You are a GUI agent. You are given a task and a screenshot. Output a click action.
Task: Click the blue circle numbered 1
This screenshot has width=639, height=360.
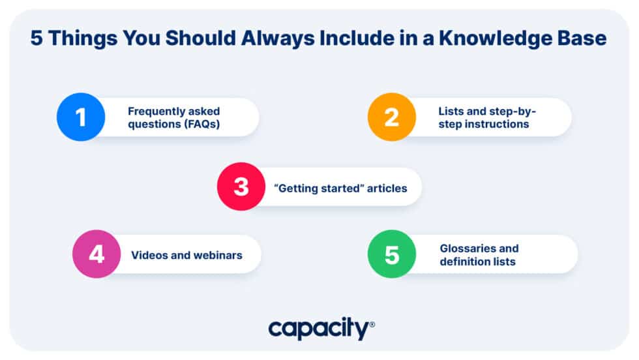tap(81, 117)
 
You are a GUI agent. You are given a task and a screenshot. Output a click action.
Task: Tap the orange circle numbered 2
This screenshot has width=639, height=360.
tap(392, 117)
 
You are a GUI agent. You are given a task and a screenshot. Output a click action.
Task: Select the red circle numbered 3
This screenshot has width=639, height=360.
tap(241, 187)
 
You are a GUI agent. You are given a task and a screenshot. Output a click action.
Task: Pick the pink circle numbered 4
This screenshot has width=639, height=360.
tap(97, 254)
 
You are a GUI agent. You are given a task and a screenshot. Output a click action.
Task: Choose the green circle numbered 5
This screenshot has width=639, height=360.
tap(392, 254)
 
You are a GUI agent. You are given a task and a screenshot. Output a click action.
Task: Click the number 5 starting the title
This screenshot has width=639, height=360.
tap(37, 39)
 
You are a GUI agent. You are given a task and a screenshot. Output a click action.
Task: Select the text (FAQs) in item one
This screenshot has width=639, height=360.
tap(196, 124)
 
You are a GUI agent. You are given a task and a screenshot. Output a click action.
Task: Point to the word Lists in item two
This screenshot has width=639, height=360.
tap(451, 111)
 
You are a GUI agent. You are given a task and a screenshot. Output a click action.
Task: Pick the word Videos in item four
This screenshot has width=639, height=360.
tap(147, 255)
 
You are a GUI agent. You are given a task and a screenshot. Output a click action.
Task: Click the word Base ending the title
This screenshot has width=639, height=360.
tap(584, 39)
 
